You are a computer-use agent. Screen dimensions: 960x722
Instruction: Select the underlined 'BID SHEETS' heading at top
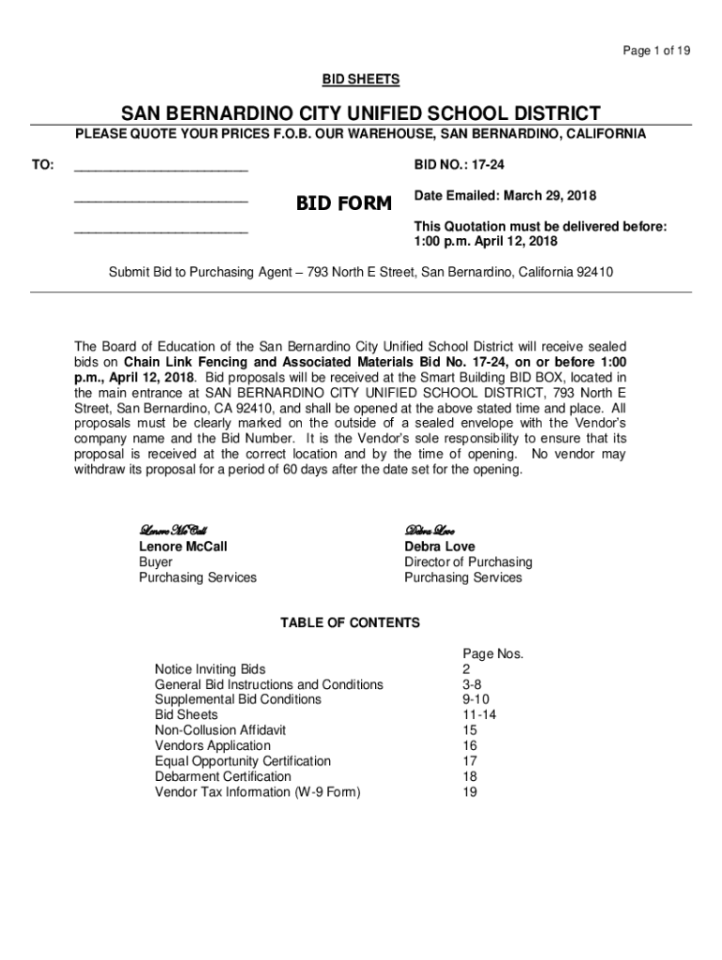[x=361, y=81]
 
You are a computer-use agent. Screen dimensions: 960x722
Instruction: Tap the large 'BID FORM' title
[x=344, y=203]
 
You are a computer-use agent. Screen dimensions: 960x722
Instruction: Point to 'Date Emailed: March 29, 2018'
[x=504, y=196]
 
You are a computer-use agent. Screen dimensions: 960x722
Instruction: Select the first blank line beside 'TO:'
[x=160, y=168]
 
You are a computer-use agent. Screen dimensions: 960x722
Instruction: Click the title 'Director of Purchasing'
[x=468, y=562]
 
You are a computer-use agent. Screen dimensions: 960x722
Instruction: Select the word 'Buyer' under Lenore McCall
[x=156, y=562]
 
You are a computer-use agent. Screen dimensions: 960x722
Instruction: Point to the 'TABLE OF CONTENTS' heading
[x=351, y=622]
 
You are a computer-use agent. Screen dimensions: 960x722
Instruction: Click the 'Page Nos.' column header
[x=492, y=653]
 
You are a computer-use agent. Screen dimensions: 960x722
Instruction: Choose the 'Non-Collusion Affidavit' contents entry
[x=220, y=729]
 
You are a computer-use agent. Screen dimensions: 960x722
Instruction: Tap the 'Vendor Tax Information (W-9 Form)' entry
[x=258, y=791]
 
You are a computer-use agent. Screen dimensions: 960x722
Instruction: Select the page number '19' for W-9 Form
[x=470, y=791]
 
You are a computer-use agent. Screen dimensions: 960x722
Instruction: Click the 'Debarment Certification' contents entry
[x=223, y=776]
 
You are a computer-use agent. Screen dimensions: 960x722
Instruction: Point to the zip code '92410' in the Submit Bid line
[x=594, y=272]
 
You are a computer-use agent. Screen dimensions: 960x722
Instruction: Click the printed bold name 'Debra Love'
[x=439, y=546]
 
